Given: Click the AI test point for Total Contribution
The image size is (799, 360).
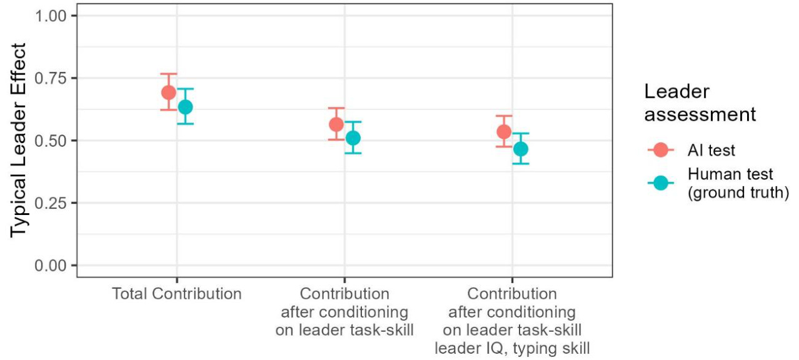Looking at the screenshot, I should tap(168, 92).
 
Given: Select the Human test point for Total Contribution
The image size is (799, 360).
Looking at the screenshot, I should tap(185, 107).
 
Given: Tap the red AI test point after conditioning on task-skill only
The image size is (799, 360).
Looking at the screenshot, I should tap(336, 124).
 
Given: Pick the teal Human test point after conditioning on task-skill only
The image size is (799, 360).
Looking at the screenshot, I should tap(353, 137).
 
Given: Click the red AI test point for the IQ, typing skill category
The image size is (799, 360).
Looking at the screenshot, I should tap(504, 132).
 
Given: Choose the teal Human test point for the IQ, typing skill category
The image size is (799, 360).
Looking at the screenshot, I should tap(520, 149).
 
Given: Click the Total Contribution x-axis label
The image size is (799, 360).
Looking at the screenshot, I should tap(176, 294).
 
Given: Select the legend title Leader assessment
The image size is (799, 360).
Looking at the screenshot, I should tap(700, 103).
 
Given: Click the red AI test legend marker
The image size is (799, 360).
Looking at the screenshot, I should tap(661, 150).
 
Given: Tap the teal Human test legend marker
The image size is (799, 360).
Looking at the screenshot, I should tap(661, 183).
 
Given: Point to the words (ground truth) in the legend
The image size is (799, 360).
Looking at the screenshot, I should tap(738, 192).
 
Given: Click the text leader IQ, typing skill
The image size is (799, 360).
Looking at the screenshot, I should tap(512, 347).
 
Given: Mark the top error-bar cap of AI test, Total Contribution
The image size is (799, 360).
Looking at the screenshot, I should tap(168, 74).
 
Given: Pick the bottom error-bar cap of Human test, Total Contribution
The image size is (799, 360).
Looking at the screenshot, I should tap(185, 124).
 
